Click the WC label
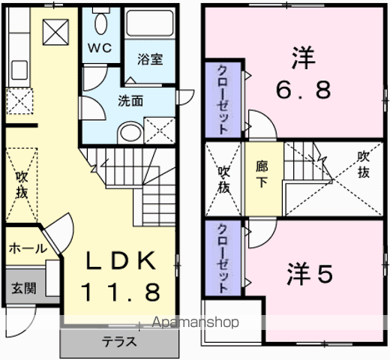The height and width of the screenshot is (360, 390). (x=100, y=48)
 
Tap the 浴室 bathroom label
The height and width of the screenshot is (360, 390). (x=150, y=59)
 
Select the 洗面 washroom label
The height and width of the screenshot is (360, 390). (x=130, y=101)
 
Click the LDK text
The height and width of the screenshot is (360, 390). (x=120, y=260)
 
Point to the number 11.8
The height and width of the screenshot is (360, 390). (x=120, y=292)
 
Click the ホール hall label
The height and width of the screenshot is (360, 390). (x=28, y=249)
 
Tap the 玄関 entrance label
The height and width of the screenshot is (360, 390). (x=24, y=288)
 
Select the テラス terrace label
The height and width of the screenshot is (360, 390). (x=119, y=341)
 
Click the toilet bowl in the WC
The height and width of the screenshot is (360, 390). (x=101, y=23)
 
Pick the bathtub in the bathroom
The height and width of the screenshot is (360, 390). (x=150, y=23)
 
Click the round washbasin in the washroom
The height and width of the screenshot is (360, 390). (x=130, y=133)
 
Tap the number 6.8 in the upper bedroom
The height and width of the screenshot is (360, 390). (x=304, y=89)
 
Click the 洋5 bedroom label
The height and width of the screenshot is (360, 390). (x=310, y=274)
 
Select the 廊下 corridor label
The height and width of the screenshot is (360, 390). (x=262, y=174)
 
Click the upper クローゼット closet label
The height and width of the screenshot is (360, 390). (x=222, y=100)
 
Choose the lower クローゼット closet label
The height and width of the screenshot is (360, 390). (x=222, y=258)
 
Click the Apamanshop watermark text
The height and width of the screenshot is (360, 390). (x=195, y=322)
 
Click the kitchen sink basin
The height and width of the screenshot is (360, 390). (x=19, y=70)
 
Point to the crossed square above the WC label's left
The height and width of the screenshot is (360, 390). (x=55, y=32)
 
